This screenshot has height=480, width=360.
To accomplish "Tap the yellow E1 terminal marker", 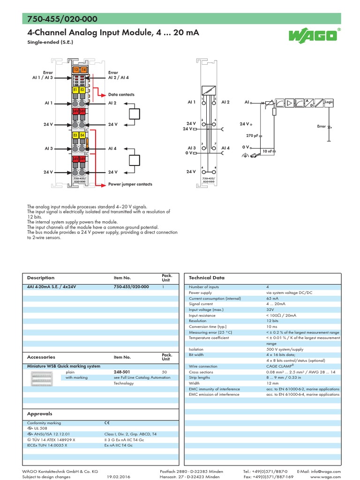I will pyautogui.click(x=75, y=89).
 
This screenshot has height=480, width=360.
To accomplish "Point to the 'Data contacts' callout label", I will pyautogui.click(x=121, y=95).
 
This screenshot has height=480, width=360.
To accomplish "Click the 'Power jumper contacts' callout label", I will pyautogui.click(x=130, y=184).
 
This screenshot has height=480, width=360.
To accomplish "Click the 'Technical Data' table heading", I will pyautogui.click(x=206, y=277).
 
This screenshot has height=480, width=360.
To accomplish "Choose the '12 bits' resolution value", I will pyautogui.click(x=272, y=321).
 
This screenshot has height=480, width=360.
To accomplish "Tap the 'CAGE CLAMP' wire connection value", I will pyautogui.click(x=279, y=366).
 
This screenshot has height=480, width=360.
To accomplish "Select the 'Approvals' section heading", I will pyautogui.click(x=40, y=414).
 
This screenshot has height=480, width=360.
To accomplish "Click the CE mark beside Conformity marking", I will pyautogui.click(x=107, y=423).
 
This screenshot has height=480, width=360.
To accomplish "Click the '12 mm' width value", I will pyautogui.click(x=272, y=383).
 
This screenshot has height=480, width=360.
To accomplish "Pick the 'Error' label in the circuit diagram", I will pyautogui.click(x=322, y=126).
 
